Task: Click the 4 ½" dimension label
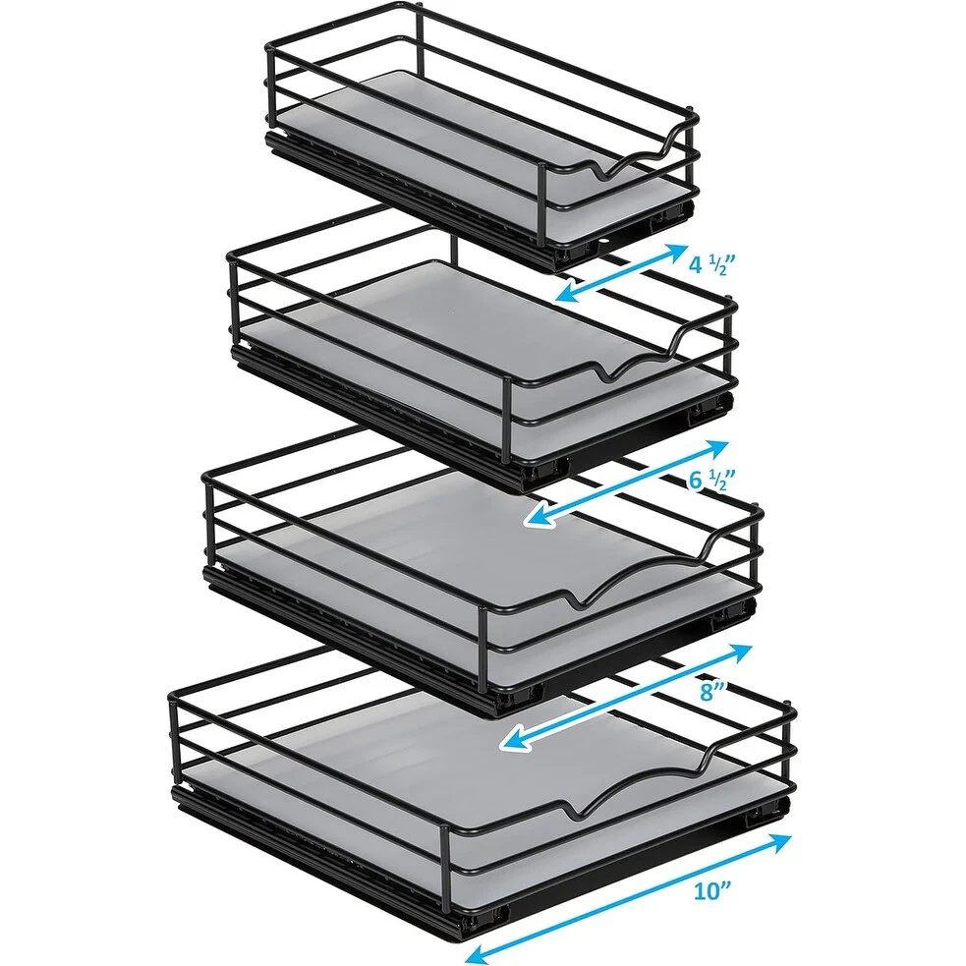pos(712,265)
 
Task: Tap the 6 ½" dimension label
pos(712,479)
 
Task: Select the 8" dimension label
pos(712,691)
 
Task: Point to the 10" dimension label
pos(712,890)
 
